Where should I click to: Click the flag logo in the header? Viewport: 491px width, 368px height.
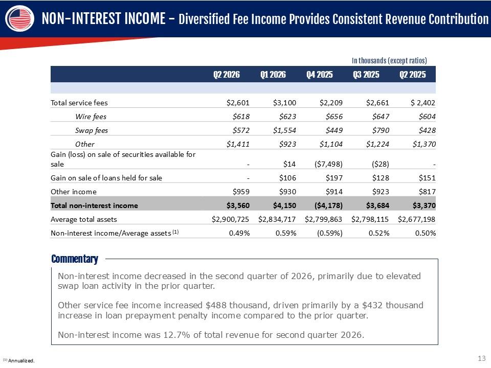tap(20, 18)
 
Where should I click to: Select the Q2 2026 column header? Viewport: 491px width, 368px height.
tap(227, 75)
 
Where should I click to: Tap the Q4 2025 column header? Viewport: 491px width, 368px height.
tap(319, 75)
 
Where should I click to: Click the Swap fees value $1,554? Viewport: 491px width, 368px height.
tap(284, 130)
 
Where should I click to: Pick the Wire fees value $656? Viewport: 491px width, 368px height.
tap(334, 117)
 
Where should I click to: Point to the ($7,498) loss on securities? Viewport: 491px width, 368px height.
tap(328, 164)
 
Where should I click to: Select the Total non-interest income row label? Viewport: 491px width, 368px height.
tap(94, 205)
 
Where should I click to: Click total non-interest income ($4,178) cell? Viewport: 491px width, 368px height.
tap(328, 205)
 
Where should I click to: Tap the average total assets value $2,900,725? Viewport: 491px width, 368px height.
tap(230, 219)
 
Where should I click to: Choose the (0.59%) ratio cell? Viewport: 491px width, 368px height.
tap(330, 233)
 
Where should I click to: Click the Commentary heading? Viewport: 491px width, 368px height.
tap(75, 259)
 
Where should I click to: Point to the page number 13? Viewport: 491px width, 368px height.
tap(482, 358)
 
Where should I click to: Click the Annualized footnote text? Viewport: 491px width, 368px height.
tap(19, 360)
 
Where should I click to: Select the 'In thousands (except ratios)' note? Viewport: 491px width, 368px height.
tap(389, 60)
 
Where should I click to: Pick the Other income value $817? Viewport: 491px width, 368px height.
tap(427, 192)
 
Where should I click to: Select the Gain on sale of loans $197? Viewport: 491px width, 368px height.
tap(334, 178)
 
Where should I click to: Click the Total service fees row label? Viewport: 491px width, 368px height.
tap(79, 103)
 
